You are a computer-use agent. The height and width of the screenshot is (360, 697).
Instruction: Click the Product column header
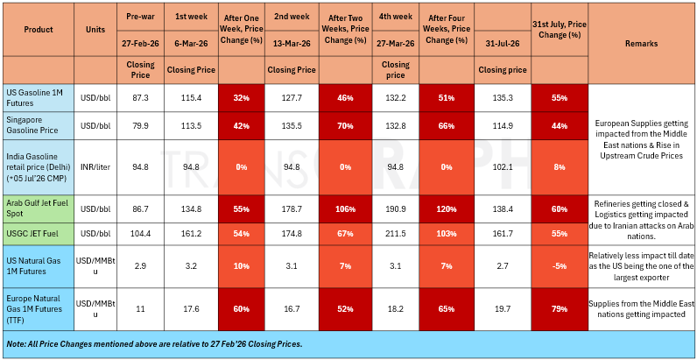[39, 29]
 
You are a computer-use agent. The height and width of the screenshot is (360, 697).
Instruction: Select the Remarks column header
[642, 44]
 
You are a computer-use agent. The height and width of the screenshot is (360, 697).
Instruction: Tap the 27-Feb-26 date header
[140, 44]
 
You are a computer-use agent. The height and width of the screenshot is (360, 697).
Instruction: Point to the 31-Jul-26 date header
[503, 44]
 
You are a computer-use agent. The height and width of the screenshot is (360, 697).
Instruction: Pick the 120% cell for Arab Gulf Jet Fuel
[446, 209]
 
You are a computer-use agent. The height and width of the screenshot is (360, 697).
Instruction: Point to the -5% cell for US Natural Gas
[560, 265]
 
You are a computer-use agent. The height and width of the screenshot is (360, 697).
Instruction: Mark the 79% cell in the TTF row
[560, 309]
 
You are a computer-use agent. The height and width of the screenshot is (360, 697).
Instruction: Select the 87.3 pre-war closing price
[140, 97]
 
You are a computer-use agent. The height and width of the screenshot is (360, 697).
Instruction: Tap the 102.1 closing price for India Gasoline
[503, 167]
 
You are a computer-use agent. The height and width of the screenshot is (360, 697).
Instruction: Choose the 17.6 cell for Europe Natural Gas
[191, 309]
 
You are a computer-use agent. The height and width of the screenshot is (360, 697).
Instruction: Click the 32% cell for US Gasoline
[242, 98]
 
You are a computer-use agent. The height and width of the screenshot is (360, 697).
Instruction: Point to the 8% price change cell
[560, 167]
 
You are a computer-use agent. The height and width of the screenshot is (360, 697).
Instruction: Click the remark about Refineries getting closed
[642, 219]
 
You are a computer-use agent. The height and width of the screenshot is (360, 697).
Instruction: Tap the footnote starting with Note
[155, 344]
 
